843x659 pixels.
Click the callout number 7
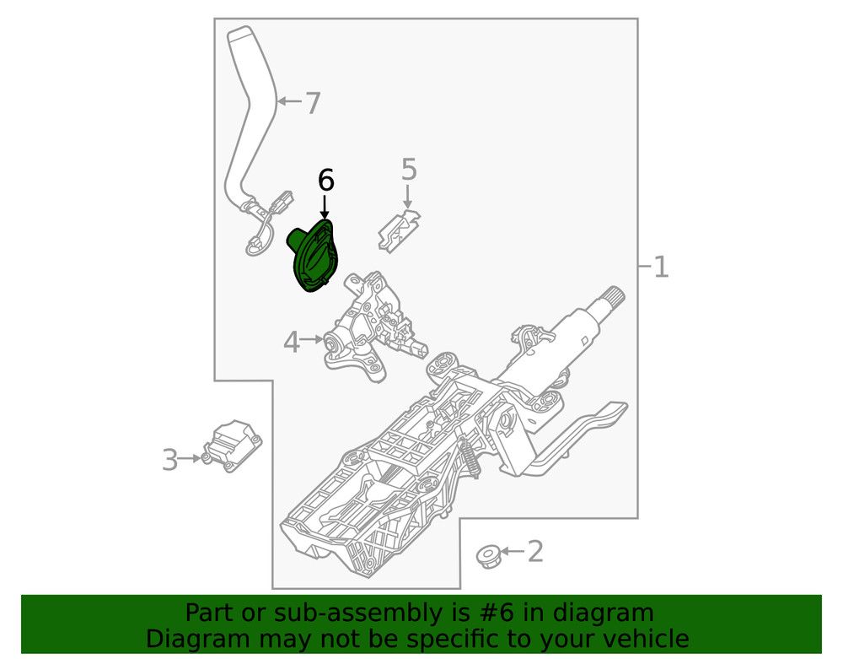point(313,103)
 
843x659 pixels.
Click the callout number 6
point(325,180)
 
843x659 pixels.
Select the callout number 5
point(409,170)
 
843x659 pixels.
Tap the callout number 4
point(292,342)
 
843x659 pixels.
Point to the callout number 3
point(170,460)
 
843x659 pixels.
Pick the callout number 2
point(534,552)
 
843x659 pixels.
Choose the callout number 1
point(661,267)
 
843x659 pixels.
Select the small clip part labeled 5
point(400,230)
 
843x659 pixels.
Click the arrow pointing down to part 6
point(325,207)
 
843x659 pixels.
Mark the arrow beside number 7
point(289,102)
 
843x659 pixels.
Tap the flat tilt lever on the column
point(590,430)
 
